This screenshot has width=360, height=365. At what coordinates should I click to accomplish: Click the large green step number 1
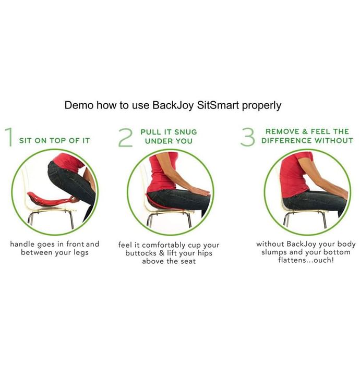[9, 137]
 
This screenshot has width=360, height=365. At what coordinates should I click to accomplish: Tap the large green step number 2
[126, 138]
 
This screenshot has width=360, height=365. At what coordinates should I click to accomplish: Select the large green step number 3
[247, 137]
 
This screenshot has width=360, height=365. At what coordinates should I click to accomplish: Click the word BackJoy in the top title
[173, 105]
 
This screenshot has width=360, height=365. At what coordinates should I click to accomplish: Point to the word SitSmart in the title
[218, 105]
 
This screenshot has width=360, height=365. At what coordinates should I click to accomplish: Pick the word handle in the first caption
[22, 244]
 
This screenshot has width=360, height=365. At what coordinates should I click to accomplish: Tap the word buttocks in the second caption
[141, 253]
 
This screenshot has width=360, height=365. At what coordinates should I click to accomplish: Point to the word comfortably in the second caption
[163, 245]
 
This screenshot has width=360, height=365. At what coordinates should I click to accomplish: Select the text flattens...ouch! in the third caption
[306, 260]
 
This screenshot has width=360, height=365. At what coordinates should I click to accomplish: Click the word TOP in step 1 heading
[58, 141]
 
